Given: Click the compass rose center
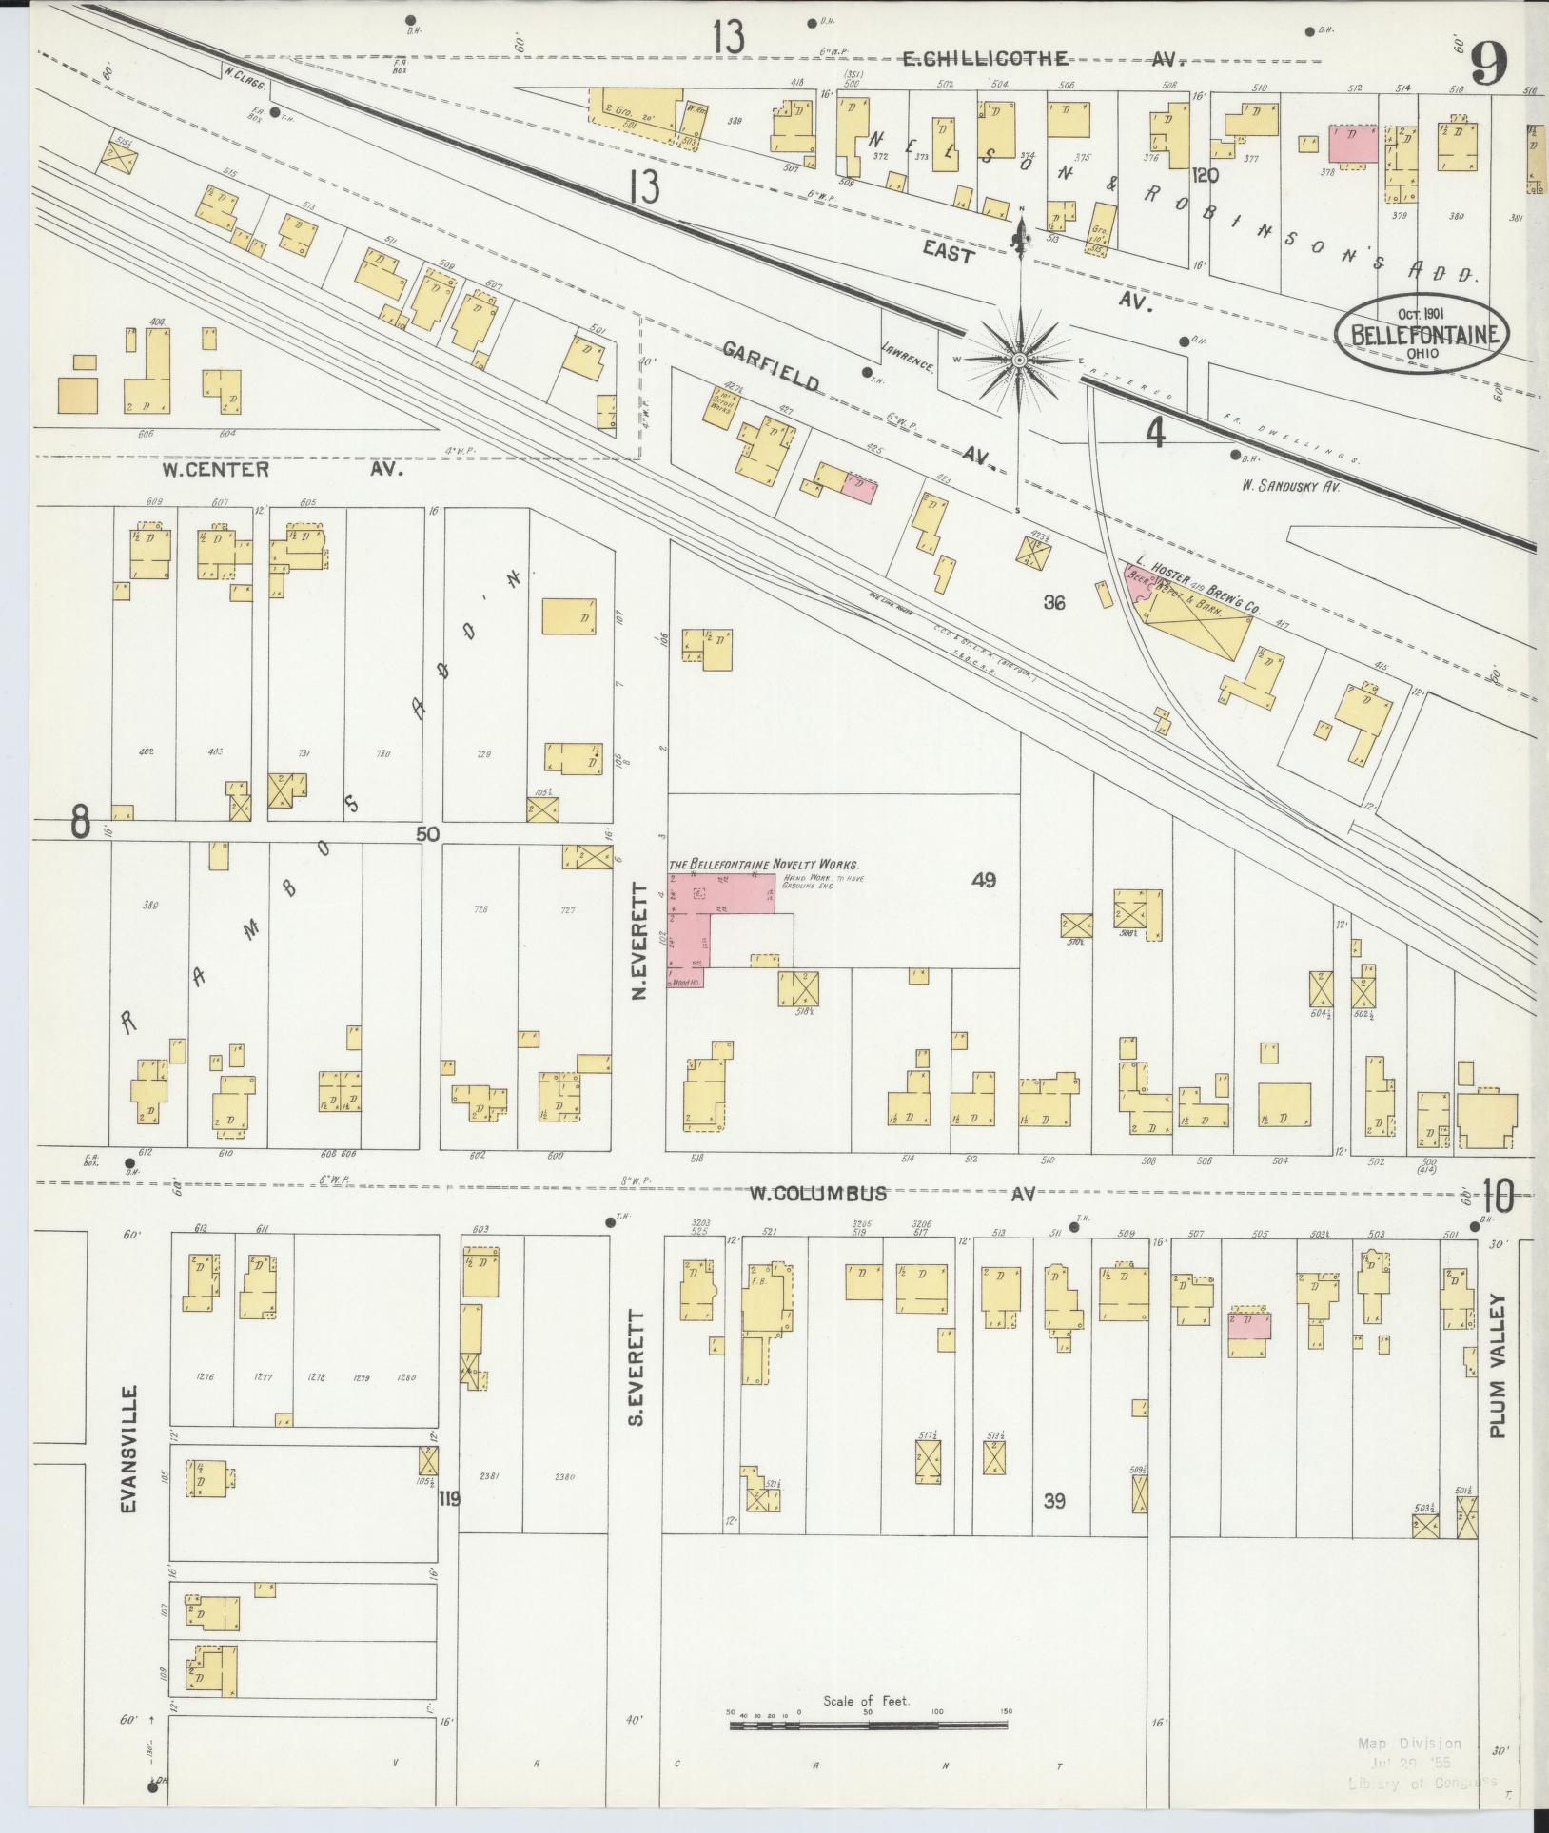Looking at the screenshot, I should click(x=1019, y=361).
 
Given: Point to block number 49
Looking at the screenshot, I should click(x=983, y=880).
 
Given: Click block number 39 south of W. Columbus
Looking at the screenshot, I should click(x=1053, y=1501).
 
